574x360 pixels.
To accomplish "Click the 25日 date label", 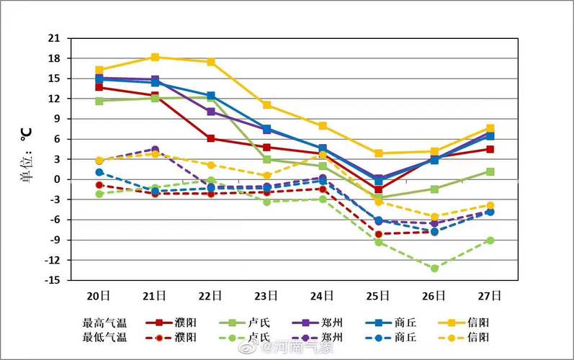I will tap(378, 296).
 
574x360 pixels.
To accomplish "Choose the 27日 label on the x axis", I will tap(490, 296).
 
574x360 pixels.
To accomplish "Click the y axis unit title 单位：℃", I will tap(27, 158).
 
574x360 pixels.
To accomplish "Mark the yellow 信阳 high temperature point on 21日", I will tap(155, 57).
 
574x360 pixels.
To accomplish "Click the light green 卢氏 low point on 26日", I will tap(434, 269).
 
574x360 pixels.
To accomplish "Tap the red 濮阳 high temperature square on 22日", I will tap(211, 138).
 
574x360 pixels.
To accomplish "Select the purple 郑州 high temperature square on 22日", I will tap(211, 112).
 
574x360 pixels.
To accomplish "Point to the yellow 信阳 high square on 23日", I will tap(266, 105).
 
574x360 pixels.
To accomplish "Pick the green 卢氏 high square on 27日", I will tap(490, 171).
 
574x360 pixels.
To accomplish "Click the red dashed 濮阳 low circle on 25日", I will tap(378, 234).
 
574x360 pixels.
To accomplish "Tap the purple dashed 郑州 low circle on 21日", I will tap(155, 149).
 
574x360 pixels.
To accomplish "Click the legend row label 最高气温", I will tap(105, 323).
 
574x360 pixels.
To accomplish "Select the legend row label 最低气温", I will tap(105, 337).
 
